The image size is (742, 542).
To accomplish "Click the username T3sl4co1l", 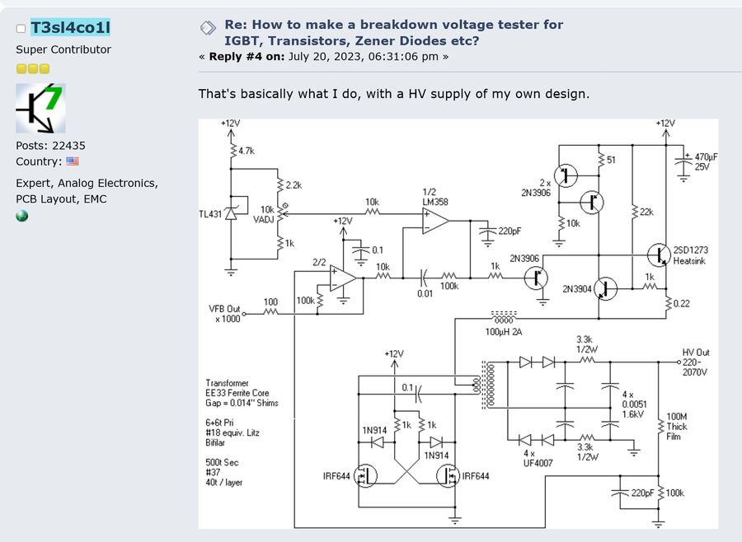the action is point(71,27).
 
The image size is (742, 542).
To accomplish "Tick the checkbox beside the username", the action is point(21,29).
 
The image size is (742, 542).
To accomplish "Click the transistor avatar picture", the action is point(40,108).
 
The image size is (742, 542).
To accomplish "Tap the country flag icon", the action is point(73,161).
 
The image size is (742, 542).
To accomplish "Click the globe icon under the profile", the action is point(21,216).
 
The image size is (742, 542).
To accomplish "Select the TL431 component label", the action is point(210,214).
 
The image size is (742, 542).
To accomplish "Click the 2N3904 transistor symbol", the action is point(605,288).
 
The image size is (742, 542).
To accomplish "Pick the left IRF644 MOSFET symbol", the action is point(365,476).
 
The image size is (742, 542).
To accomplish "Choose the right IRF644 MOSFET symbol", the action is point(448,476).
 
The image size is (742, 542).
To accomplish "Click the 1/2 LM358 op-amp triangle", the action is point(435,221).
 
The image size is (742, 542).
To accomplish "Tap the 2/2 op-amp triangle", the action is point(343,278).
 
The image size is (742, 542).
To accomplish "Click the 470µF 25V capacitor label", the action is point(706,161).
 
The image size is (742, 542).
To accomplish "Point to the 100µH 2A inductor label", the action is point(504,332).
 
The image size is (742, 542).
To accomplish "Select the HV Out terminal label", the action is point(696,362).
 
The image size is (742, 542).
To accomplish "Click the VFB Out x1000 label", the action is point(225,314).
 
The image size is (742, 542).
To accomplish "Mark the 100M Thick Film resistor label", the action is point(677,427).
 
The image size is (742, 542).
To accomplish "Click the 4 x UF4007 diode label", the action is point(538,458).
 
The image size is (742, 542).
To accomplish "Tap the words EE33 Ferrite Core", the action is point(237,393).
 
